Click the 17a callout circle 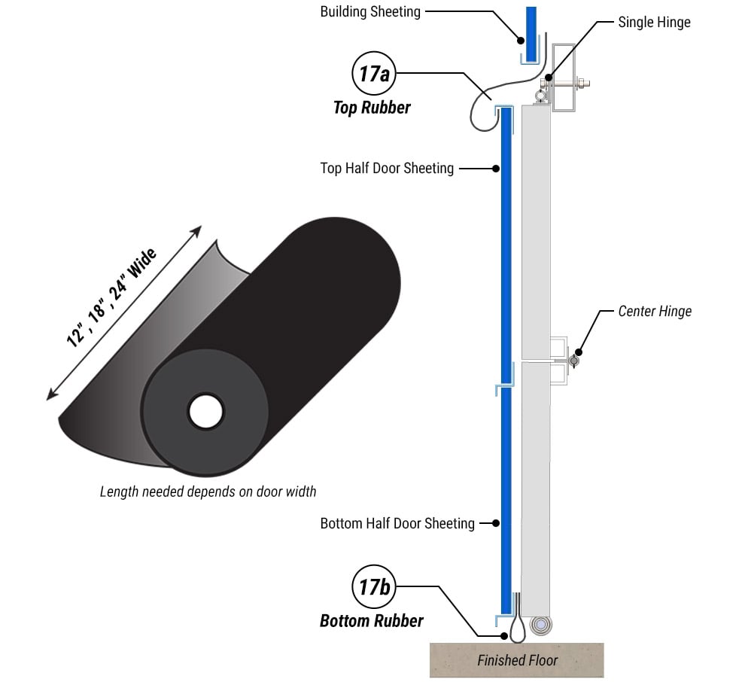373,74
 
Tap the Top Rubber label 372,108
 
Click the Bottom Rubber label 371,621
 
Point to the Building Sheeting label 370,11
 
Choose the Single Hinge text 654,22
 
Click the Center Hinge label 655,311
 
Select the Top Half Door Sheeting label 387,169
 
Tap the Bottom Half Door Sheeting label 397,523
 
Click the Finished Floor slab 517,660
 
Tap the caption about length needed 208,492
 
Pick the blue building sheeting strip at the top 531,34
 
